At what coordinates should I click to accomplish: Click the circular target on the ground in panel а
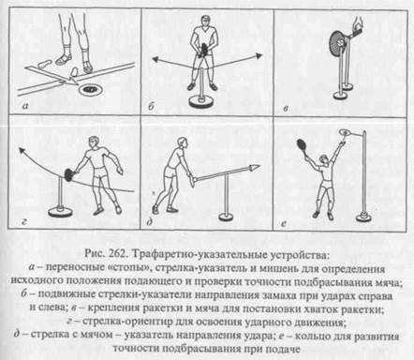click(90, 90)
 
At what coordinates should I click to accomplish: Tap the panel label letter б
click(151, 106)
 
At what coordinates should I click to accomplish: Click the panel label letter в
click(286, 108)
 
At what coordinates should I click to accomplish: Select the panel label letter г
click(23, 222)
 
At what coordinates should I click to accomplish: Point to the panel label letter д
click(150, 222)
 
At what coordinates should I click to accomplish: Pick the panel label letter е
click(284, 223)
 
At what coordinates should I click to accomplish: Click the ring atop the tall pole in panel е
click(345, 132)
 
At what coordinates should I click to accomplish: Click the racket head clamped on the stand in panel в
click(337, 42)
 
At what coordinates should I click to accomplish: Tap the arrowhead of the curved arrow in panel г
click(22, 151)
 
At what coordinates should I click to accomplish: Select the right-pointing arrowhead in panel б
click(258, 55)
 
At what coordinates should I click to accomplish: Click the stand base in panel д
click(227, 217)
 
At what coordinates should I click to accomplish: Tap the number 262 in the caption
click(118, 254)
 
